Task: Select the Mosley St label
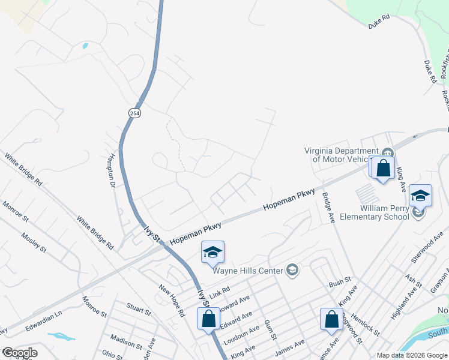pyautogui.click(x=34, y=240)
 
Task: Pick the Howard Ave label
pyautogui.click(x=235, y=303)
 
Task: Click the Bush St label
pyautogui.click(x=340, y=282)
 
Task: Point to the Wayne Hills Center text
pyautogui.click(x=248, y=271)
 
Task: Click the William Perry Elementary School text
pyautogui.click(x=385, y=212)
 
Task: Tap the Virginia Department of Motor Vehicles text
pyautogui.click(x=343, y=155)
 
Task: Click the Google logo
pyautogui.click(x=19, y=353)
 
